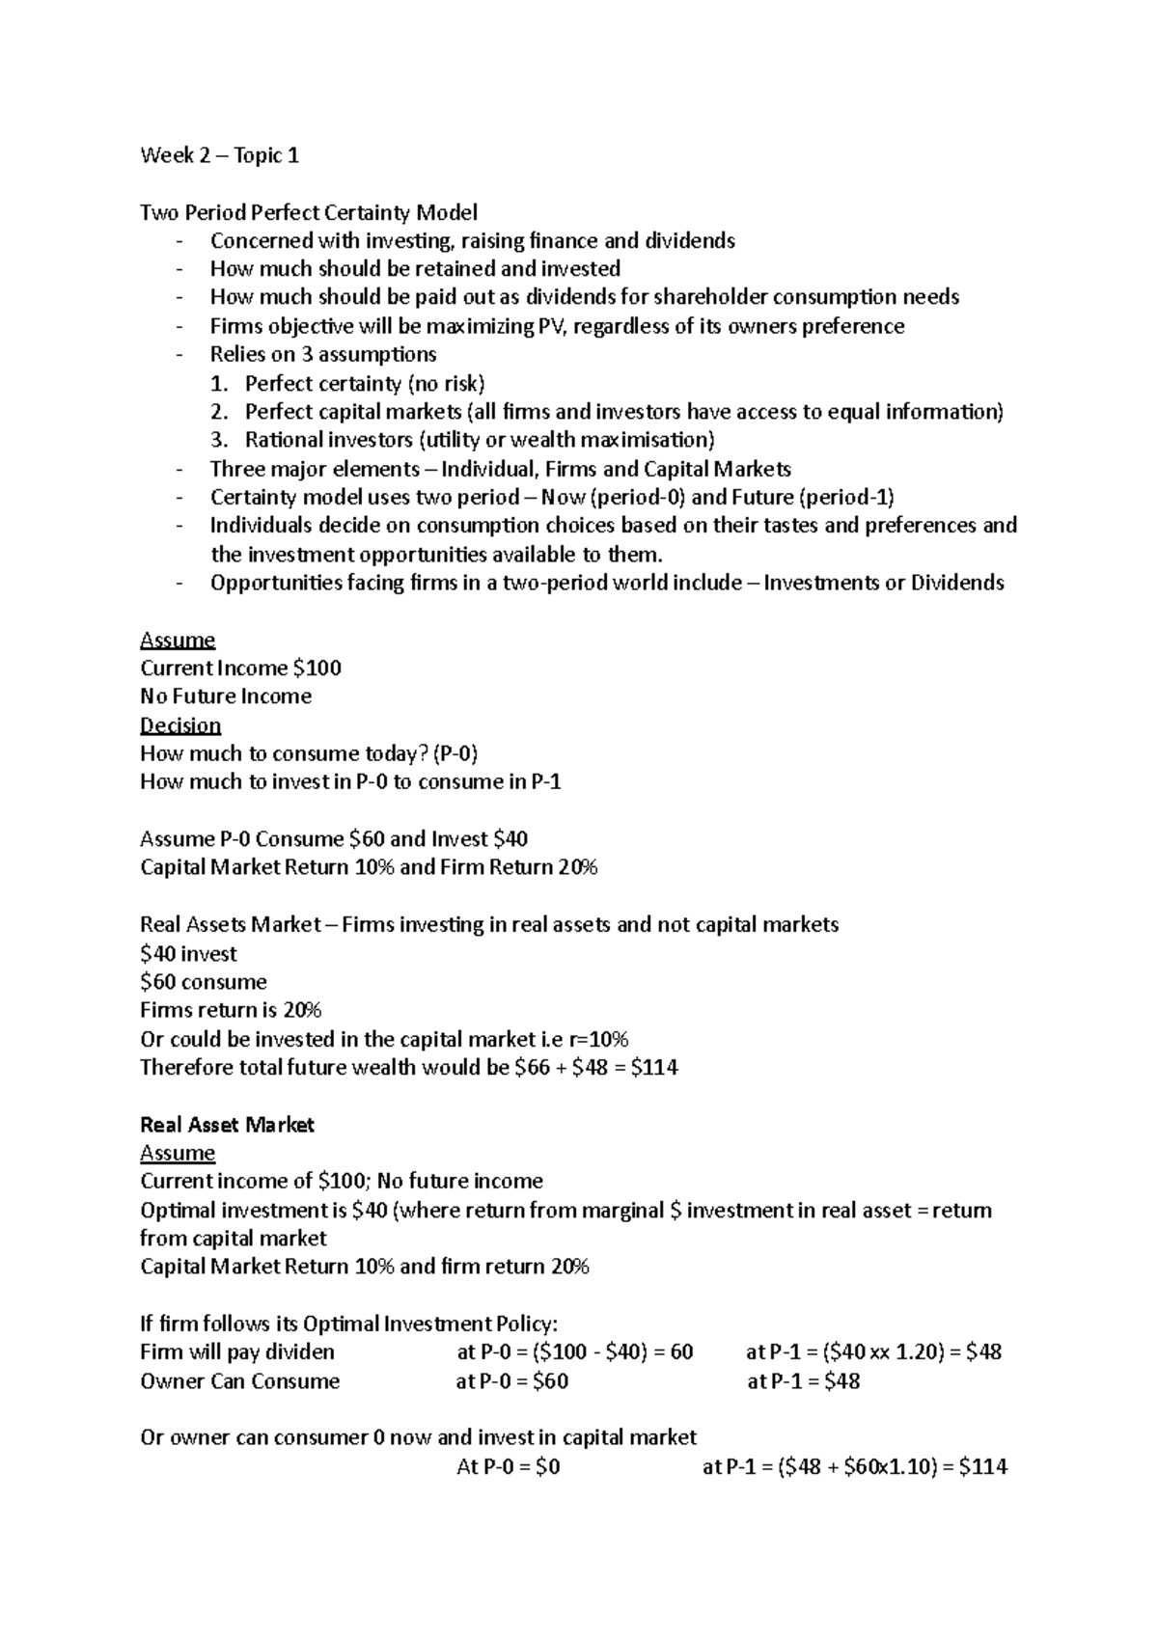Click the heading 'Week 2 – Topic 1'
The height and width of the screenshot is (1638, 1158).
pyautogui.click(x=219, y=155)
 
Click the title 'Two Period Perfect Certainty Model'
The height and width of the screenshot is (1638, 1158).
pyautogui.click(x=309, y=212)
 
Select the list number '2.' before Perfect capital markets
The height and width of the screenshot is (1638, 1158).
pyautogui.click(x=220, y=412)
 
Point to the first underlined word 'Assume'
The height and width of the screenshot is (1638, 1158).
pyautogui.click(x=178, y=640)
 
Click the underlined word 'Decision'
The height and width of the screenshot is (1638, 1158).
pyautogui.click(x=180, y=725)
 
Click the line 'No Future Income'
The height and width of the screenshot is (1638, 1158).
pyautogui.click(x=226, y=696)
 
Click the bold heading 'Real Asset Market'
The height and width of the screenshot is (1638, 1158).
pyautogui.click(x=228, y=1125)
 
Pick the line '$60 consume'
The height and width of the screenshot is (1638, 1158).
pyautogui.click(x=204, y=982)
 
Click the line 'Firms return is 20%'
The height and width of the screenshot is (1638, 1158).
pyautogui.click(x=231, y=1010)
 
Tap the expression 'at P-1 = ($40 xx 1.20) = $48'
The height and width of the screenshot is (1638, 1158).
pyautogui.click(x=873, y=1352)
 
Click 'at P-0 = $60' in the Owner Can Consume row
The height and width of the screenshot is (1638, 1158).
pyautogui.click(x=511, y=1381)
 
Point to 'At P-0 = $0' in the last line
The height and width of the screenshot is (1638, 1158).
pyautogui.click(x=508, y=1467)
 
